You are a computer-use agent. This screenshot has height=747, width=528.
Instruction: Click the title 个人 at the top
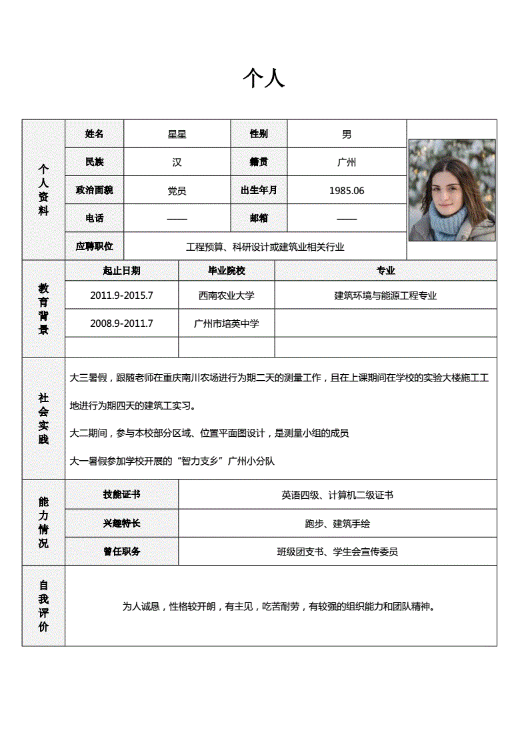(264, 79)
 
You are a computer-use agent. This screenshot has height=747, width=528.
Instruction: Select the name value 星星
(177, 134)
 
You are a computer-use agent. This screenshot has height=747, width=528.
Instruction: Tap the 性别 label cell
(259, 134)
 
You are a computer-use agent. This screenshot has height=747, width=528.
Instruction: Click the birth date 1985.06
(347, 191)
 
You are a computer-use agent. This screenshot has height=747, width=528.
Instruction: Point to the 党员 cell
(177, 191)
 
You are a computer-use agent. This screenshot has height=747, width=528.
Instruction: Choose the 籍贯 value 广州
(347, 162)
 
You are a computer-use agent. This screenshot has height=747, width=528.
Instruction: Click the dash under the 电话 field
(177, 219)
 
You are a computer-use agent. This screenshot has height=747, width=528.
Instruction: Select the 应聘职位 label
(95, 246)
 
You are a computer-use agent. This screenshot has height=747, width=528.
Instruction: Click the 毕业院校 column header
(227, 271)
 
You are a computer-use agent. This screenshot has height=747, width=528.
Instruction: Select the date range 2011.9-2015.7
(121, 295)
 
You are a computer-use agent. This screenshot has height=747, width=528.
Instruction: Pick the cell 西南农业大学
(227, 295)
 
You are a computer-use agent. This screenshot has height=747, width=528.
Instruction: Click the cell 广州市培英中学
(227, 323)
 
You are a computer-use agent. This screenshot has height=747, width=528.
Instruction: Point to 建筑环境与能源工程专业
(385, 295)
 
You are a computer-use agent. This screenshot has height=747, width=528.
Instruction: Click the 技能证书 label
(121, 495)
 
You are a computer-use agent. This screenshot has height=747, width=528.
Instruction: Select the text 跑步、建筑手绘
(337, 524)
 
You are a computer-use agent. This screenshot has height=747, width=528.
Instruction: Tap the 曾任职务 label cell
(121, 552)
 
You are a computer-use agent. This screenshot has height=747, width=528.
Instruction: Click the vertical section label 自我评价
(43, 606)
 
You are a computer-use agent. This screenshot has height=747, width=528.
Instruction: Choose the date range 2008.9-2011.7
(121, 323)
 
